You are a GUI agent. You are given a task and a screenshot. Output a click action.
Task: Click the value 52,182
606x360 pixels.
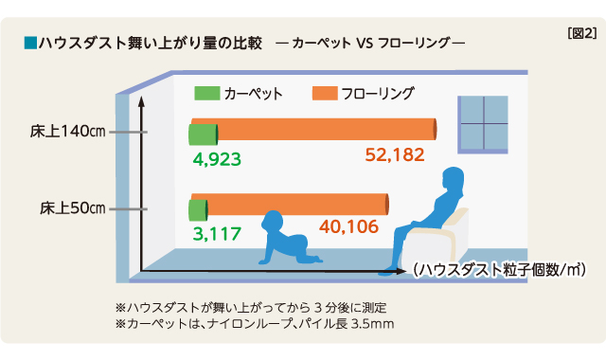[x=395, y=154]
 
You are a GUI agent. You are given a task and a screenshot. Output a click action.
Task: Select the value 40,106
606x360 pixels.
[x=348, y=227]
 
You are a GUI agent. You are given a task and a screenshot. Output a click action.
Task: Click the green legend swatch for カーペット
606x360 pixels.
[x=205, y=94]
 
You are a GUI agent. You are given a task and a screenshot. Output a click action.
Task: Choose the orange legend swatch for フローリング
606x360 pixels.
[x=324, y=94]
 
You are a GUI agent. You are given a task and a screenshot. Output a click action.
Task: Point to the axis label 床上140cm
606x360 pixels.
[x=65, y=132]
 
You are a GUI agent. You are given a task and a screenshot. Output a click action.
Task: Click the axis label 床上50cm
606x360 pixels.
[x=72, y=207]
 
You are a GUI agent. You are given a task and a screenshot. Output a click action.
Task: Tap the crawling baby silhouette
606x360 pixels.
[x=283, y=242]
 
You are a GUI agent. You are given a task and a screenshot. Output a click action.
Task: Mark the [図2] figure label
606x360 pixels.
[x=579, y=33]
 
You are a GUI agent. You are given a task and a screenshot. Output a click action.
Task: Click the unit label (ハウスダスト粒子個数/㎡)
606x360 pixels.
[x=499, y=270]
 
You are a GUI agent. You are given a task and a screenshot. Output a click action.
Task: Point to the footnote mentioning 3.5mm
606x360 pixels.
[x=254, y=324]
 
